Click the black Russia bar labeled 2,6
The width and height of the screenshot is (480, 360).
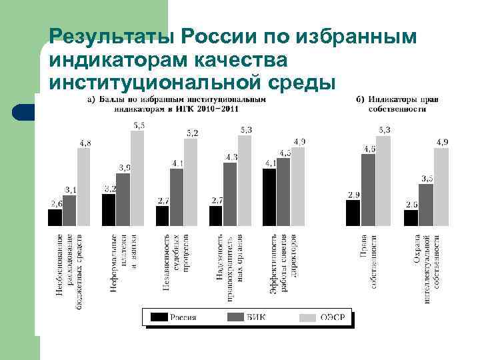pos(55,217)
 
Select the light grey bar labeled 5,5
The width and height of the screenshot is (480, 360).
pos(137,178)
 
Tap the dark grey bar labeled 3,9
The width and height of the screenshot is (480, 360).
pos(123,199)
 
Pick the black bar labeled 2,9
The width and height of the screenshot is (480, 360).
pos(353,213)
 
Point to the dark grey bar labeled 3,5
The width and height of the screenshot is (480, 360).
pos(426,205)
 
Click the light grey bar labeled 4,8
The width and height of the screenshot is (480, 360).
pos(83,187)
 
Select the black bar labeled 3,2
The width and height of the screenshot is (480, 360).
pos(109,209)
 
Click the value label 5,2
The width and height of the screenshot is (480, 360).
pos(191,133)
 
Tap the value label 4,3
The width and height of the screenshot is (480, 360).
pos(231,157)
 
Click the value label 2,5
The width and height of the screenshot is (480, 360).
pos(411,204)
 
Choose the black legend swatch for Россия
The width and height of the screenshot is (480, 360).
pos(159,317)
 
